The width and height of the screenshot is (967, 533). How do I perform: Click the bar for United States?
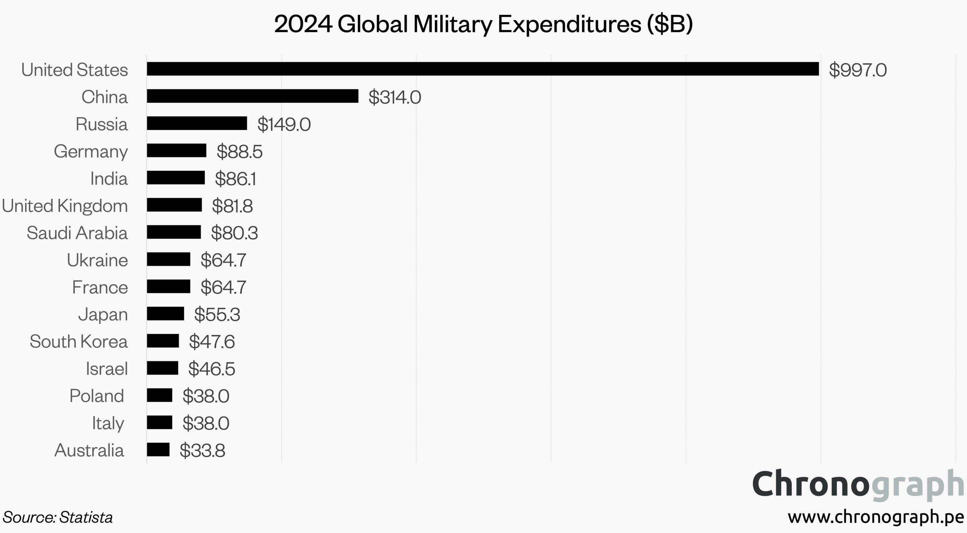483,69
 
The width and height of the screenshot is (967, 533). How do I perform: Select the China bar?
252,96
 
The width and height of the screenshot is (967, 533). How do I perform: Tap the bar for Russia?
197,123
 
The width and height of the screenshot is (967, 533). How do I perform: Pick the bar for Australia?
158,450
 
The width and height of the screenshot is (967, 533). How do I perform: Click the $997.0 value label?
858,70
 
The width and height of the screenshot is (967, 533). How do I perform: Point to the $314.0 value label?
395,97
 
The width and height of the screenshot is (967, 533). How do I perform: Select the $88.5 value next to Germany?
239,151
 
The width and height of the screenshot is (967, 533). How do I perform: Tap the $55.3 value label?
217,314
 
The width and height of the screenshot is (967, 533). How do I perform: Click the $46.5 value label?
212,368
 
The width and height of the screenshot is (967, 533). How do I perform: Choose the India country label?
109,178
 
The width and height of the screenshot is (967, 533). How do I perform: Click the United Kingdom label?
64,206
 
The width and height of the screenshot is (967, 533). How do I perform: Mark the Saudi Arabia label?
77,233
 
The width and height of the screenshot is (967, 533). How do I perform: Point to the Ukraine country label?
97,260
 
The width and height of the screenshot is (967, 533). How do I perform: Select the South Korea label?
78,341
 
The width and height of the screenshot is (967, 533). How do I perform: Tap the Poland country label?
96,396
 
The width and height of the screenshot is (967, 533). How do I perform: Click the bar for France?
168,287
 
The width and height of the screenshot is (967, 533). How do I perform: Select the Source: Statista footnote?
57,517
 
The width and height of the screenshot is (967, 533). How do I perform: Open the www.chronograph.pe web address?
876,517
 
